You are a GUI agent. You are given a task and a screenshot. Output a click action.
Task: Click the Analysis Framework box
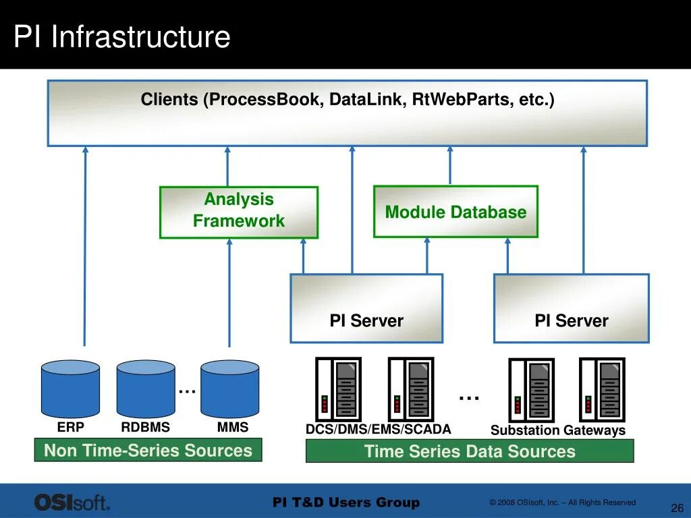click(x=239, y=212)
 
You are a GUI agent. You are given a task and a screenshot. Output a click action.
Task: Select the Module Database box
click(x=455, y=212)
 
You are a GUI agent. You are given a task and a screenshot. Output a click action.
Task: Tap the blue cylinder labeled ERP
click(x=70, y=389)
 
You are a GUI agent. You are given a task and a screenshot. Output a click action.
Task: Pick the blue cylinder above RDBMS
click(x=146, y=389)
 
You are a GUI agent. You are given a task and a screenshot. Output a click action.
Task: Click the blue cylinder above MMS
click(x=229, y=389)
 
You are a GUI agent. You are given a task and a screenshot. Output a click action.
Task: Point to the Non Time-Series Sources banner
click(x=148, y=450)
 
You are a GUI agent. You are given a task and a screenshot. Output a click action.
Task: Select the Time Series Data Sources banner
click(x=470, y=451)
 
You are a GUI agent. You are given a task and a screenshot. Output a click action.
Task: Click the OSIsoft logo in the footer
click(x=72, y=502)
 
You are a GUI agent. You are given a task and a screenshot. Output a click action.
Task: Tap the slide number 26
click(x=678, y=507)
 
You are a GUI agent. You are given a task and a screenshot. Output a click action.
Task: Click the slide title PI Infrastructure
click(x=122, y=36)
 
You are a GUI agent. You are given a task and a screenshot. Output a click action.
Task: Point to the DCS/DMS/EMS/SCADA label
click(x=378, y=429)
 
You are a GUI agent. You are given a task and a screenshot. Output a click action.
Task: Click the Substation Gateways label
click(x=558, y=430)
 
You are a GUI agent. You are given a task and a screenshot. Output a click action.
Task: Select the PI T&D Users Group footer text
click(x=346, y=502)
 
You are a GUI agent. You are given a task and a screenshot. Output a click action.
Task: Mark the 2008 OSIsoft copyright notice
click(x=562, y=502)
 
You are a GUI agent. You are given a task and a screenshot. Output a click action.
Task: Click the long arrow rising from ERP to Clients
click(x=85, y=246)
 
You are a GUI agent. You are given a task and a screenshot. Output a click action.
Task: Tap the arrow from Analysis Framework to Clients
click(x=227, y=167)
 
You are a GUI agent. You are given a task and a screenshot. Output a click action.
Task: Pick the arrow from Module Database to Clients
click(x=450, y=166)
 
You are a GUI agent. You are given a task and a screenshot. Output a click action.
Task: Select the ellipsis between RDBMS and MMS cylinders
click(x=188, y=391)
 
